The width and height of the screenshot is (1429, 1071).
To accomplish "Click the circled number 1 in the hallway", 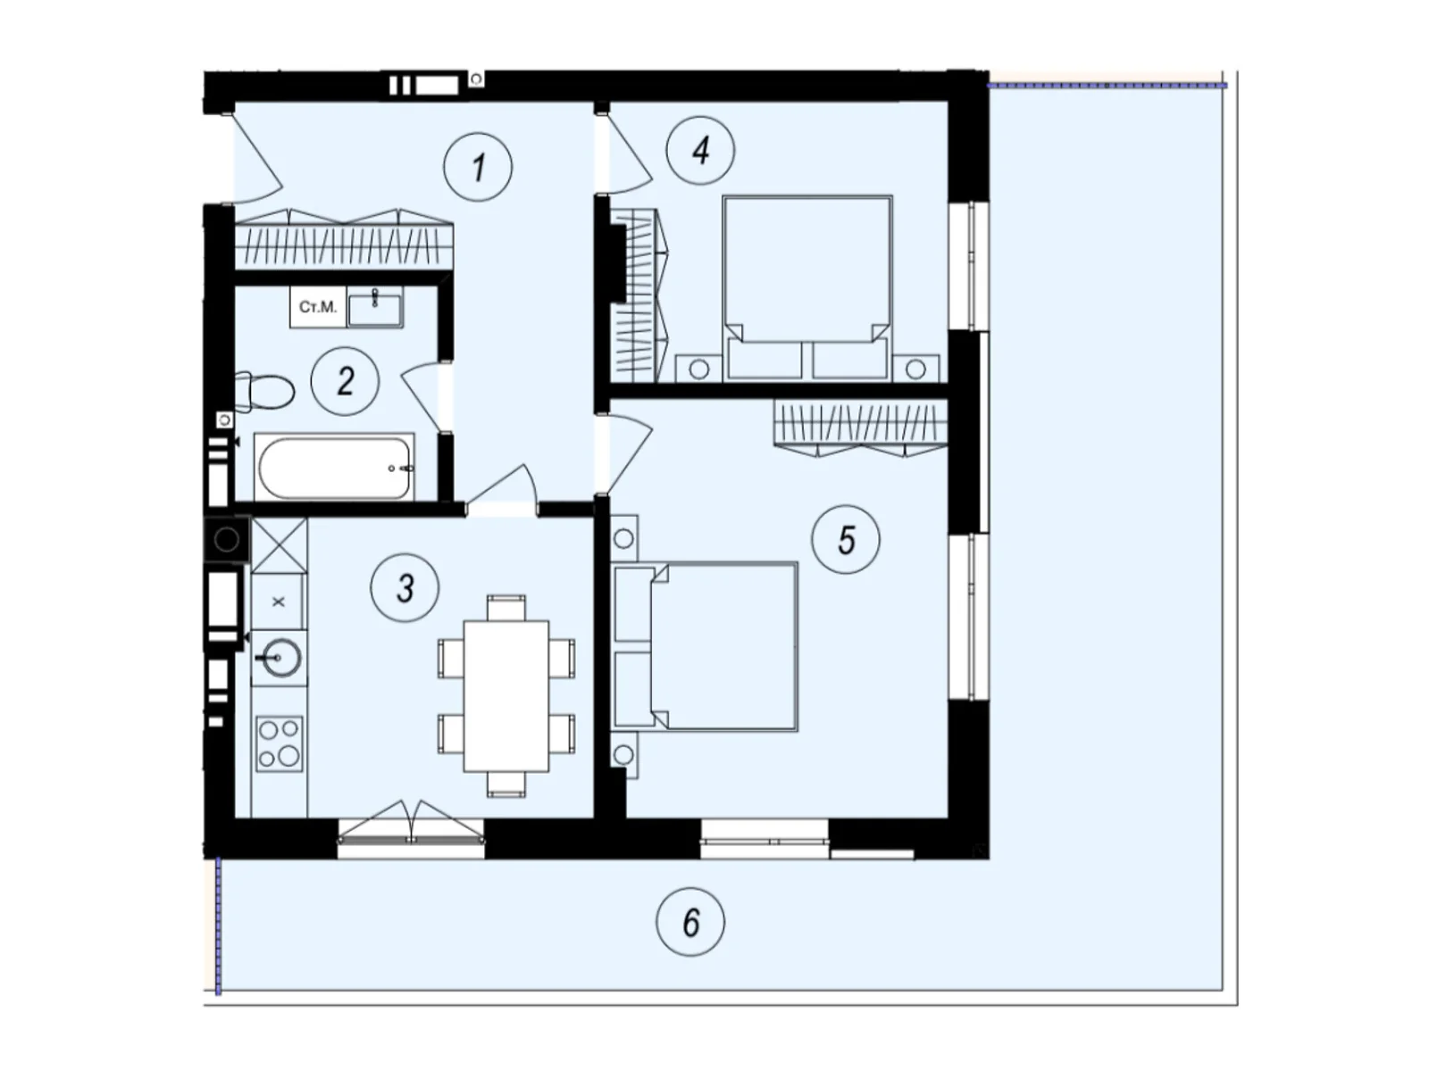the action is point(477,167).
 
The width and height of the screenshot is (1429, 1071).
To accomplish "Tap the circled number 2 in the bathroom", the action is point(345,381).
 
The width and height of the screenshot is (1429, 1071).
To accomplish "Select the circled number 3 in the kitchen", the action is point(405,588).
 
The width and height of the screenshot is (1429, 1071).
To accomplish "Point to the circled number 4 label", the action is point(700,150).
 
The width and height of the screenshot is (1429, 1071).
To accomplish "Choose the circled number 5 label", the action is point(845,539).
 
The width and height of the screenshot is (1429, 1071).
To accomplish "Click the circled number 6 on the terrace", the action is point(690,921).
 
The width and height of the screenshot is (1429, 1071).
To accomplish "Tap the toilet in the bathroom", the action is point(263,392).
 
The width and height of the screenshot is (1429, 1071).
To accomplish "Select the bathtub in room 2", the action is point(334,467).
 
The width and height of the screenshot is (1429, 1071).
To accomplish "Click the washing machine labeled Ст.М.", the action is point(318,306).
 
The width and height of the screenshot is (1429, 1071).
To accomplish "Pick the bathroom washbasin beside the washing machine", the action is point(375,307).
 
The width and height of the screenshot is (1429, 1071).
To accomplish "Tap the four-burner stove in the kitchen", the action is point(280,744).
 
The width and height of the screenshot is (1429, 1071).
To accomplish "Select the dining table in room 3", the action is point(506,696).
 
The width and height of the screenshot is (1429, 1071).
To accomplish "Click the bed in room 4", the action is point(806,288).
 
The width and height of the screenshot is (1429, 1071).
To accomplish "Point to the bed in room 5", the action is point(706,646).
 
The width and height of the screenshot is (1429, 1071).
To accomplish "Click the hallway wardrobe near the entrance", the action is point(343,238).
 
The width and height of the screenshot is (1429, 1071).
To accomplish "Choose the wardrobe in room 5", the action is point(860,428).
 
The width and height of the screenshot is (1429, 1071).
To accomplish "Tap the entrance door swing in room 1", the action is point(258,158).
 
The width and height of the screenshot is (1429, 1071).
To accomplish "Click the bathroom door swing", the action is point(422,396).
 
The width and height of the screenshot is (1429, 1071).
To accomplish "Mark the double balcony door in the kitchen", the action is point(411,822).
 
